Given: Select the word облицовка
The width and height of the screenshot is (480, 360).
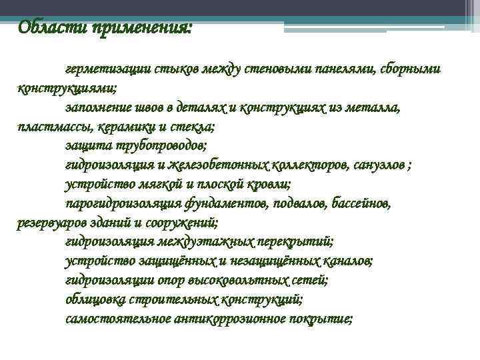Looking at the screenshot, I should [93, 299].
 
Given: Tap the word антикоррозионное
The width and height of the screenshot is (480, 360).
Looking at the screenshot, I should [226, 318].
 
